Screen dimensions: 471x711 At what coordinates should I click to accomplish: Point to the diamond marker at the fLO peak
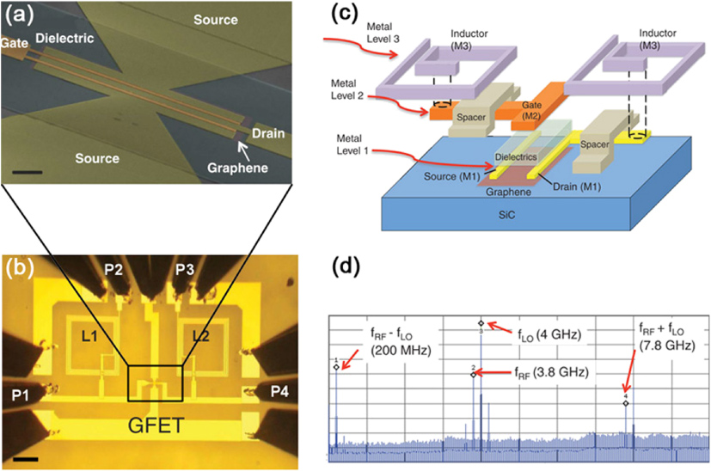point(481,323)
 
